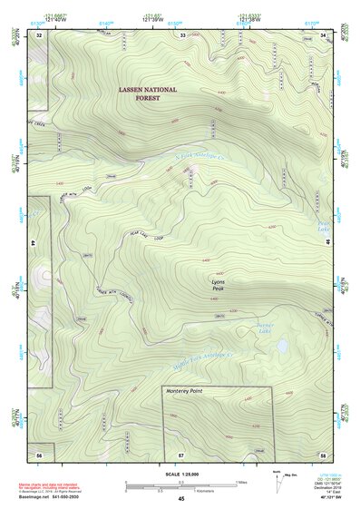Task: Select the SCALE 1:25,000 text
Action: click(x=181, y=475)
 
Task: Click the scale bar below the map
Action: click(x=181, y=484)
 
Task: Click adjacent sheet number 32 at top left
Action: click(x=39, y=34)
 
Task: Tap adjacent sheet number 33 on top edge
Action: click(x=182, y=34)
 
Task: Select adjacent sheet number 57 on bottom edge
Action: click(x=180, y=453)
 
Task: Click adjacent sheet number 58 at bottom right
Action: click(x=323, y=453)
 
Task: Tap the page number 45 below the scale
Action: click(x=181, y=499)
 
